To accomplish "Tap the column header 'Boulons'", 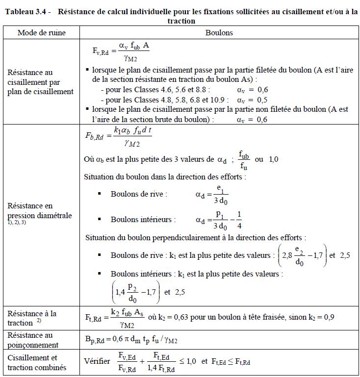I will [x=219, y=33].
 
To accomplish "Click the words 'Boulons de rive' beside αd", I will [x=139, y=194].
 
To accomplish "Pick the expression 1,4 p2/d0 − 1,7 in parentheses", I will [x=135, y=293].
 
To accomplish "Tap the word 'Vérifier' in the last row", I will [x=97, y=361].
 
